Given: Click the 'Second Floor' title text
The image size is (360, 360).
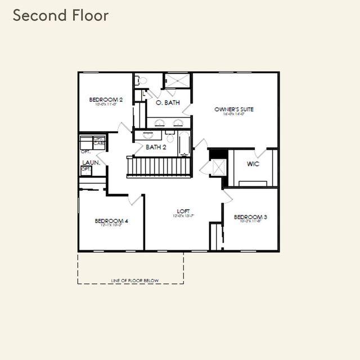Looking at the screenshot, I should (x=60, y=15).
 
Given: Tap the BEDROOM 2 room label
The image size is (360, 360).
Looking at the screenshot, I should (x=106, y=100).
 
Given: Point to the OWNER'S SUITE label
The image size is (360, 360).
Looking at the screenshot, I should (x=234, y=109).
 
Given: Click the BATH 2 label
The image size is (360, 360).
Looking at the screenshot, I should (x=156, y=147).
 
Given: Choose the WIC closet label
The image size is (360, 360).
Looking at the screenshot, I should (x=253, y=164).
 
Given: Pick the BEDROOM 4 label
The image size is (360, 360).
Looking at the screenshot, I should (x=111, y=221).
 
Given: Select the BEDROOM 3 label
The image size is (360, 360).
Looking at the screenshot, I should (x=250, y=217).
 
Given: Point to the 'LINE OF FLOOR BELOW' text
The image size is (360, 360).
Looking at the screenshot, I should (x=135, y=280).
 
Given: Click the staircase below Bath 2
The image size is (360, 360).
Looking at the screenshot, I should (x=159, y=167).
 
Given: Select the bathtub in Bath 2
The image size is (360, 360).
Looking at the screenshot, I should (x=185, y=143).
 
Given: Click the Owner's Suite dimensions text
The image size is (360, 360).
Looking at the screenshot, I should (x=234, y=114).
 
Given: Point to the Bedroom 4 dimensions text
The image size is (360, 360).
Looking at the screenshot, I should (x=111, y=226).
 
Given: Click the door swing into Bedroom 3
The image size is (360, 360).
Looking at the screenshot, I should (x=227, y=195).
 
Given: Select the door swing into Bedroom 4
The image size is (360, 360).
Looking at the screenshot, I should (x=136, y=199).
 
